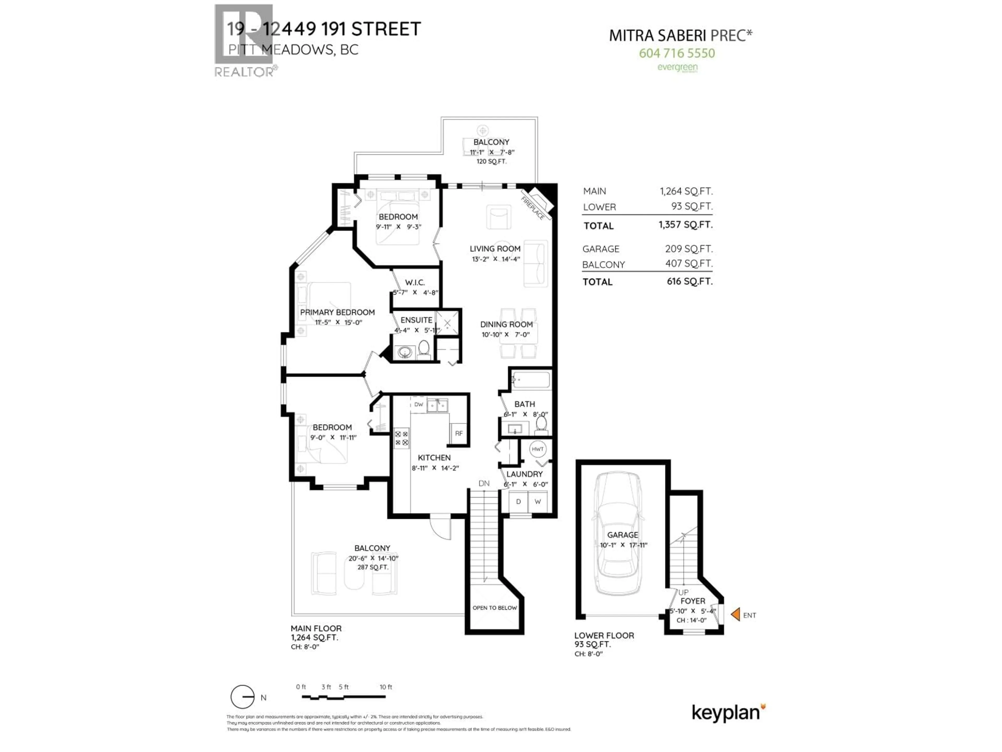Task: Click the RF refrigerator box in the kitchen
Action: click(x=458, y=433)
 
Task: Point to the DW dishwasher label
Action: click(x=419, y=404)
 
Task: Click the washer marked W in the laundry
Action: click(x=538, y=501)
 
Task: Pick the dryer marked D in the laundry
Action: click(x=518, y=501)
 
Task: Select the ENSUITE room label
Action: click(x=416, y=320)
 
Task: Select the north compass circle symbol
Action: click(x=242, y=697)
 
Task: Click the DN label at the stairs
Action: click(x=484, y=483)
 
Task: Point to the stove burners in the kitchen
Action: click(x=401, y=438)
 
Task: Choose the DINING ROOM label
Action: click(x=506, y=325)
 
